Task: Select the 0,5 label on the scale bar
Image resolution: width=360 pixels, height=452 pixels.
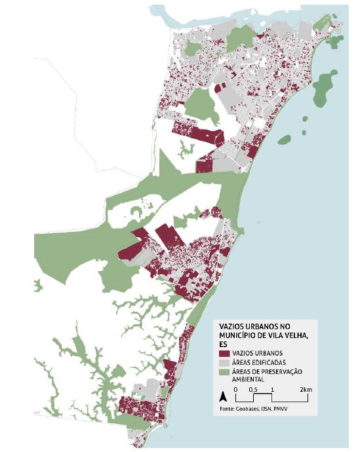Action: click(253, 390)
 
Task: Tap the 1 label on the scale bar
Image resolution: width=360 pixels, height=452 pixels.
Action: click(271, 390)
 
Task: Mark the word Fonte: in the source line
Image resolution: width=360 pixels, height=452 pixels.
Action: click(228, 409)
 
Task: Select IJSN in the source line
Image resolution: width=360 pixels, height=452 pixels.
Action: click(269, 409)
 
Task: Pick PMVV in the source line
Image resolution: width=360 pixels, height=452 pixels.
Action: click(283, 409)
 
